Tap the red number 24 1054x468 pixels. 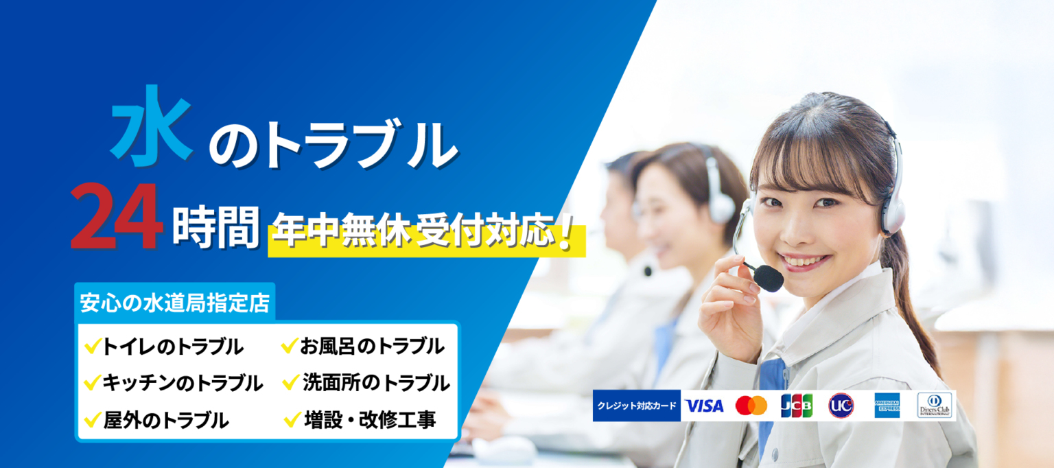[116, 218]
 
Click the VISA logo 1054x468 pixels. [704, 406]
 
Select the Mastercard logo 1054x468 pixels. [751, 406]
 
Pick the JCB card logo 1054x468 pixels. [796, 406]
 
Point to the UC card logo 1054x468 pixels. [841, 406]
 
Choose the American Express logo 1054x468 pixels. [887, 406]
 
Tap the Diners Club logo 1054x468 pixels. [934, 406]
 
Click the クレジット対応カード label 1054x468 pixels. [637, 406]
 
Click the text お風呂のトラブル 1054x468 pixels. [371, 347]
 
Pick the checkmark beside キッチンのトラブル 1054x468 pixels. [91, 382]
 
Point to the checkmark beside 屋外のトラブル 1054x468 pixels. [91, 418]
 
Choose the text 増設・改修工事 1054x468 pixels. [370, 419]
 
